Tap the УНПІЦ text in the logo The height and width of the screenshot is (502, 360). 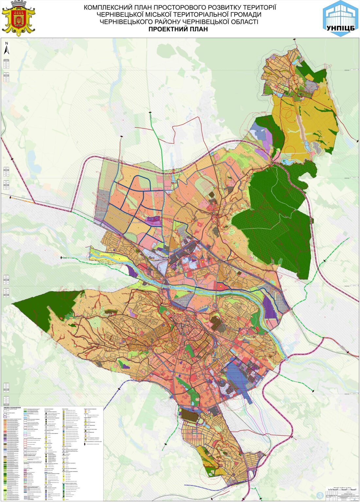click(340, 28)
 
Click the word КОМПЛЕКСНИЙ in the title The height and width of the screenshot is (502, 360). click(108, 7)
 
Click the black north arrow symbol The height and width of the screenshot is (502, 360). click(6, 50)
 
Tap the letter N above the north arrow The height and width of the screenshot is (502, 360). click(6, 43)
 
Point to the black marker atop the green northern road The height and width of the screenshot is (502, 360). click(150, 112)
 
